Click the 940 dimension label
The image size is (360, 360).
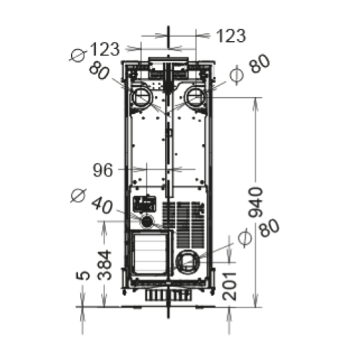tap(256, 202)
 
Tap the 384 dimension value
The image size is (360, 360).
tap(104, 265)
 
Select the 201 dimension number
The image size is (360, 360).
tap(230, 287)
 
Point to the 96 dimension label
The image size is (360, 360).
tap(103, 170)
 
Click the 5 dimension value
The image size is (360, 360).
tap(83, 276)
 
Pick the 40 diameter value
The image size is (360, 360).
tap(102, 205)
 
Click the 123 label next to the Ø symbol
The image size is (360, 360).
tap(104, 49)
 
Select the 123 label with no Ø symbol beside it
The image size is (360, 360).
tap(231, 36)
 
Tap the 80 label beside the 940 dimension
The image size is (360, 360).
tap(269, 228)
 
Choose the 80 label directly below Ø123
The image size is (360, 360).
tap(99, 71)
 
